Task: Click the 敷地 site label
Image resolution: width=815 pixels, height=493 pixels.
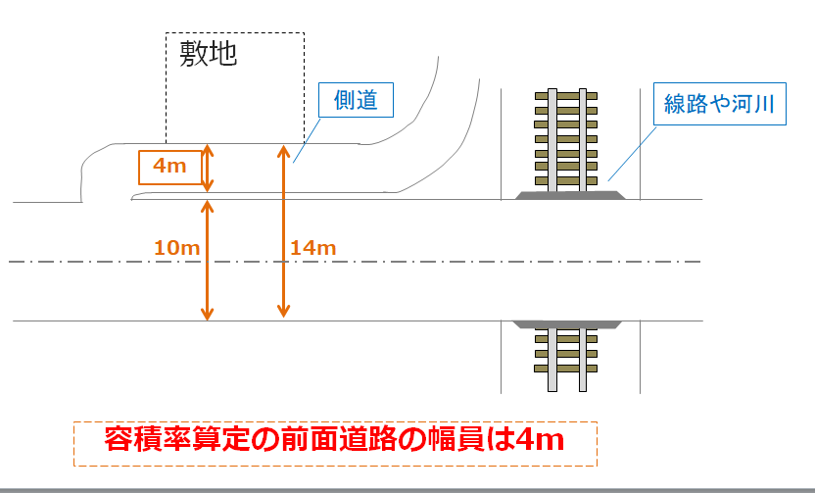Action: (x=208, y=54)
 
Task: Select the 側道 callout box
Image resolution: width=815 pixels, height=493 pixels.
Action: (x=356, y=101)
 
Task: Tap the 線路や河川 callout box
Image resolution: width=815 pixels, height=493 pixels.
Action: (x=720, y=105)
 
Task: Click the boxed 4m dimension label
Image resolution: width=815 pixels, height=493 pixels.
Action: (x=169, y=168)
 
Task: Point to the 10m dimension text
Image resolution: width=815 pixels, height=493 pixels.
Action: (x=177, y=248)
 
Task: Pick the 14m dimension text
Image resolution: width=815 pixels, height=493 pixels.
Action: (x=313, y=249)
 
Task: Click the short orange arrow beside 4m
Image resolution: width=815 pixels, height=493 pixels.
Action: (x=207, y=169)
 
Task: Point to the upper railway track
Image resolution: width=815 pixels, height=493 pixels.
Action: (x=567, y=140)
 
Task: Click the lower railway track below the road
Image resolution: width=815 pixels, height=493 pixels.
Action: (x=567, y=358)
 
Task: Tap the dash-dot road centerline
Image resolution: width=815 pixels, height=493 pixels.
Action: (x=392, y=262)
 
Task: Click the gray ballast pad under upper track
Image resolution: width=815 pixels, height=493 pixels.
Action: (x=567, y=196)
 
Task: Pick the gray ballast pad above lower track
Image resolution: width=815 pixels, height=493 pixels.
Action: (x=567, y=323)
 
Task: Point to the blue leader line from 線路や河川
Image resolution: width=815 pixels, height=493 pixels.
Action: (x=632, y=152)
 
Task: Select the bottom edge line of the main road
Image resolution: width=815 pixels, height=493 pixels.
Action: (x=392, y=320)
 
